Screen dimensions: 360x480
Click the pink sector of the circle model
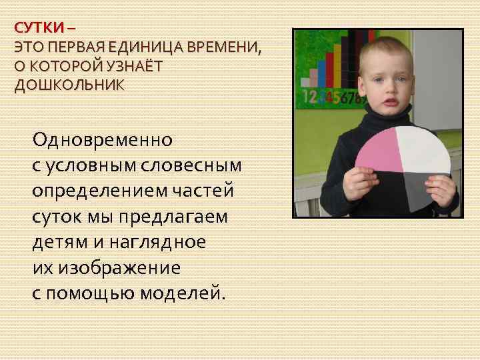click(x=379, y=149)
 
